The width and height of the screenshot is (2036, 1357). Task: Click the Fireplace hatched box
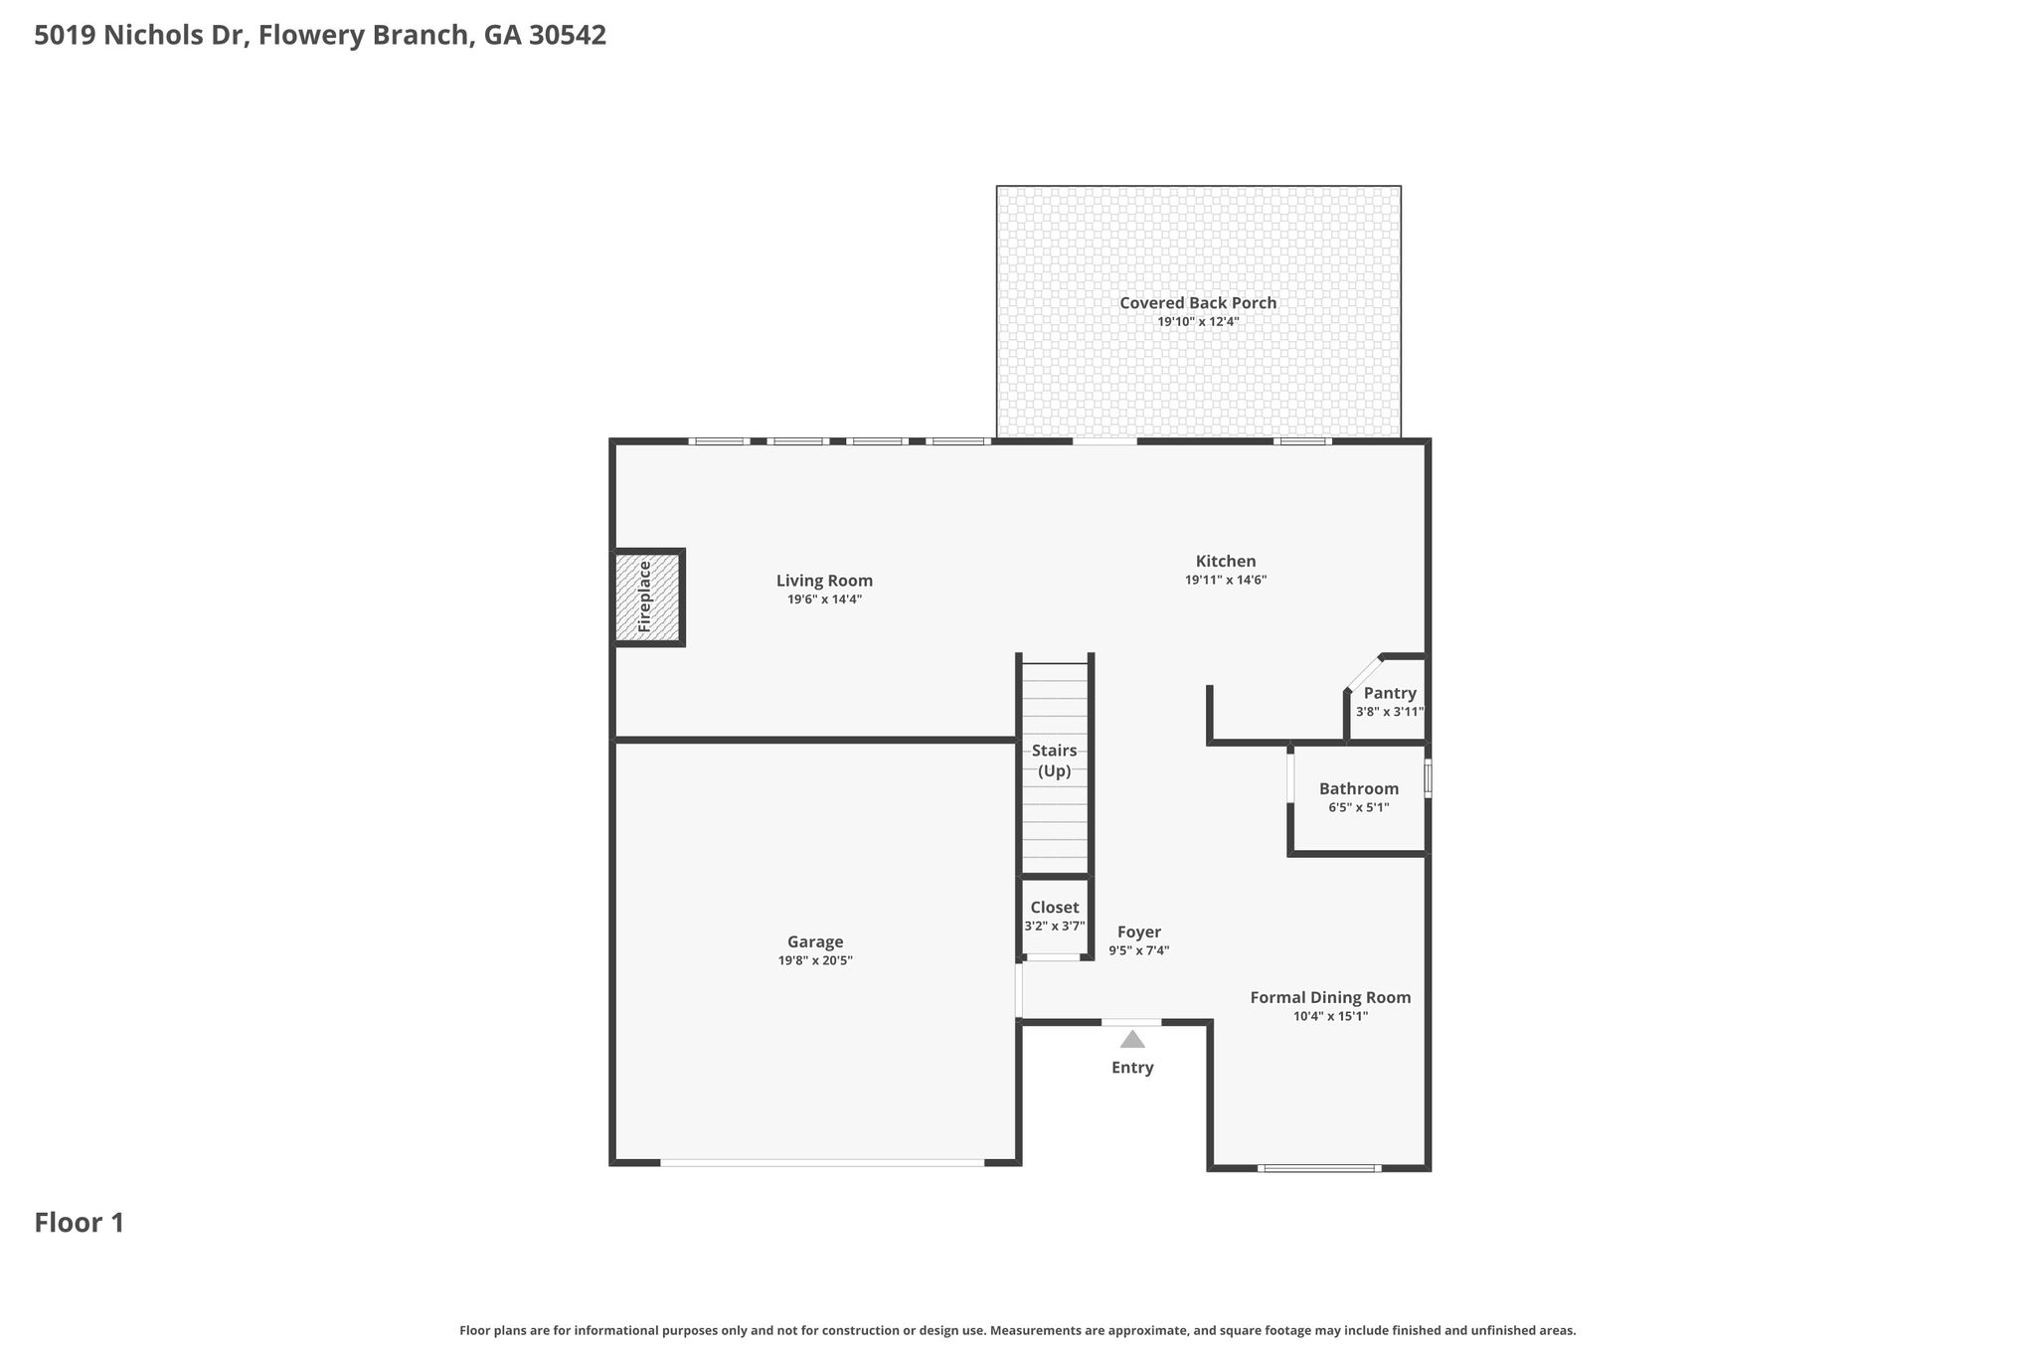(647, 596)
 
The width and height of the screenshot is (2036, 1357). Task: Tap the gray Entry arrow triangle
(1132, 1039)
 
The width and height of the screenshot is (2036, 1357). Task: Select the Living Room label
(824, 581)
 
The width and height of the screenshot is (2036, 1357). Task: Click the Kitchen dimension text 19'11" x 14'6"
(1226, 581)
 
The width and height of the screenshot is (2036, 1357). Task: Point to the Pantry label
(1390, 693)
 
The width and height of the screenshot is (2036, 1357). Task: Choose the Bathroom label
(1359, 788)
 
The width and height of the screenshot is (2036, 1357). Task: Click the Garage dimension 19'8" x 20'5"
(815, 961)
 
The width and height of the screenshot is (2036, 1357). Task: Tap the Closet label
(1055, 908)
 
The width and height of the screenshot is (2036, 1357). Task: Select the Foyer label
(1139, 933)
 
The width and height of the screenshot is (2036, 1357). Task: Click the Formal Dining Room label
(1330, 998)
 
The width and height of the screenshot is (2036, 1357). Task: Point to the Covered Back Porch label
(1198, 303)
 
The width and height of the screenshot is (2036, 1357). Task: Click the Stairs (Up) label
(1055, 761)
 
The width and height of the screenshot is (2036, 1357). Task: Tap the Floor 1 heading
(80, 1223)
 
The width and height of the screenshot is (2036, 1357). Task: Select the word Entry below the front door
(1132, 1068)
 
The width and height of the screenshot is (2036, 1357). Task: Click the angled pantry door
(1364, 674)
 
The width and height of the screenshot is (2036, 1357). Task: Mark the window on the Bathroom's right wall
(1429, 778)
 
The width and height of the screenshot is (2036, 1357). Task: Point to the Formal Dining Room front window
(1319, 1168)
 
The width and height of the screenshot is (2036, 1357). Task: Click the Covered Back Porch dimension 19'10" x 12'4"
(1198, 322)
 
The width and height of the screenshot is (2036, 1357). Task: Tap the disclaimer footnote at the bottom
(1017, 1330)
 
